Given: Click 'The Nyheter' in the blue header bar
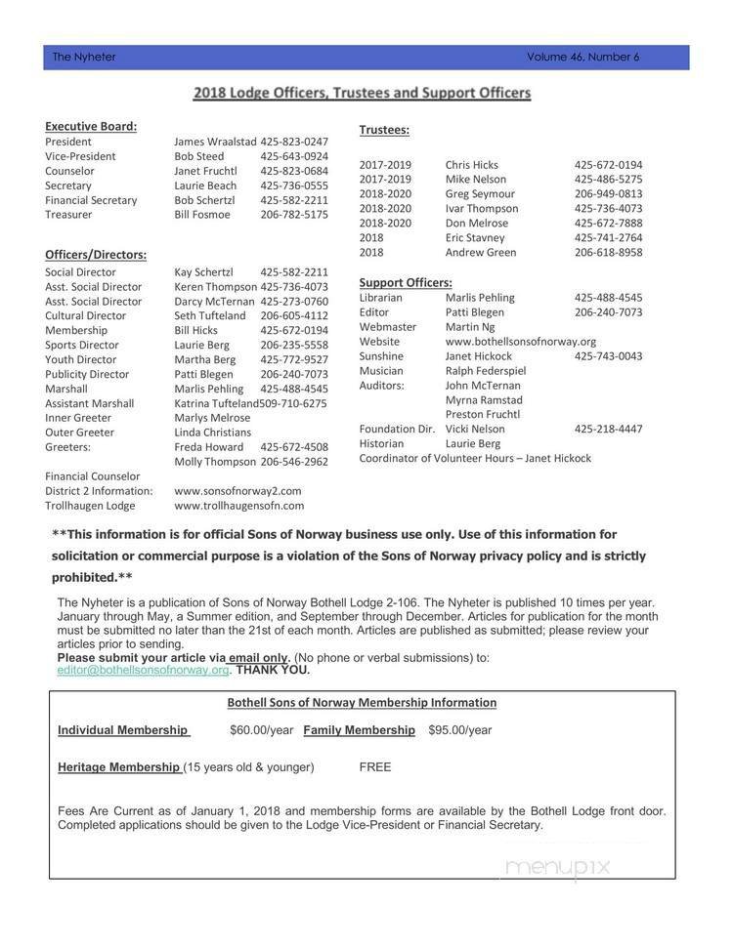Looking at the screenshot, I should tap(84, 57).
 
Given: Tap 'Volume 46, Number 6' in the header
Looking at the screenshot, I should tap(582, 57).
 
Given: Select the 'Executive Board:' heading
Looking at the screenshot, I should tap(91, 126).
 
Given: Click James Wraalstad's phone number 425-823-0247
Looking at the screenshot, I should tap(294, 142).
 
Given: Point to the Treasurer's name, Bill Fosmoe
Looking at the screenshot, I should tap(202, 215).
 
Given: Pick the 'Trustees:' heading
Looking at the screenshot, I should tap(384, 130).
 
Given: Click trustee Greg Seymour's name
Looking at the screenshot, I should tap(481, 193).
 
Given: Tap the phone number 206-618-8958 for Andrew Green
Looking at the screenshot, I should tap(608, 252).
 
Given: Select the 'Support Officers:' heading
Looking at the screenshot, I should tap(406, 282).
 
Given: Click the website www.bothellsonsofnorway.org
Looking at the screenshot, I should tap(521, 342).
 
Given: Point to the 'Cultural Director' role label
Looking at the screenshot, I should tap(85, 316).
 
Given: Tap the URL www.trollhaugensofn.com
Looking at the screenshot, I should tap(238, 506).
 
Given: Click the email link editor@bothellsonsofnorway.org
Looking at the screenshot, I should tap(143, 671).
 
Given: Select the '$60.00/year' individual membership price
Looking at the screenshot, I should tap(261, 730).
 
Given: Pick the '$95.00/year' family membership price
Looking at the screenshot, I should tap(459, 730).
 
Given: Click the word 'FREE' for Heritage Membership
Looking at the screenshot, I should tap(374, 767).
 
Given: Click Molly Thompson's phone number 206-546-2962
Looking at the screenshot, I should tap(294, 462).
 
